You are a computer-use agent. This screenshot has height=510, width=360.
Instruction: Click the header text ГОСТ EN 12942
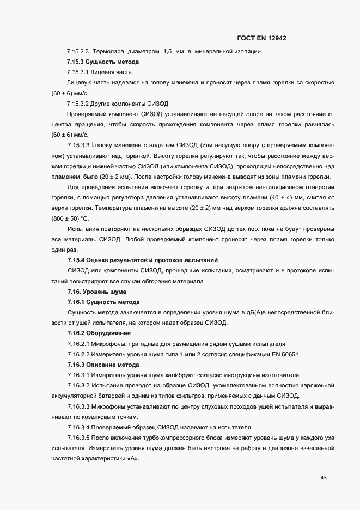(262, 38)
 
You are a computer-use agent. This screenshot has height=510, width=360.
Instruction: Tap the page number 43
(324, 478)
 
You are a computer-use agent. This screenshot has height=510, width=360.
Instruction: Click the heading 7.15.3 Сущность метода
(103, 62)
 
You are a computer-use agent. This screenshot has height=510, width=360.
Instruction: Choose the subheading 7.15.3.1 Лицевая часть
(99, 72)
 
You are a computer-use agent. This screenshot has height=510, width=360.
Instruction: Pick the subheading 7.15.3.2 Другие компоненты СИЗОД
(118, 103)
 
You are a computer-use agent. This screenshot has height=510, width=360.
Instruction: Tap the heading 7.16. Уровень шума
(89, 292)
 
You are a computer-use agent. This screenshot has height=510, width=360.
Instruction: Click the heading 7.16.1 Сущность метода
(103, 302)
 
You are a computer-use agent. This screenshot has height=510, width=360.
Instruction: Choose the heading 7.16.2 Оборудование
(99, 333)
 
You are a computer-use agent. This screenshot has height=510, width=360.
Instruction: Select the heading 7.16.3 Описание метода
(103, 364)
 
